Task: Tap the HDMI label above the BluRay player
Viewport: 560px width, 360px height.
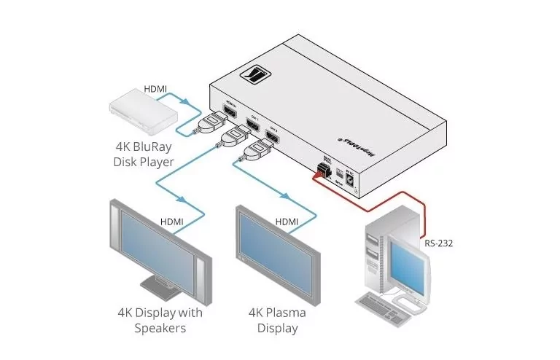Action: [x=155, y=89]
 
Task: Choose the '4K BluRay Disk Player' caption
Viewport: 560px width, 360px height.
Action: [x=143, y=154]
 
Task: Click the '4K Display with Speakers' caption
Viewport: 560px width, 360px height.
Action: [x=160, y=321]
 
